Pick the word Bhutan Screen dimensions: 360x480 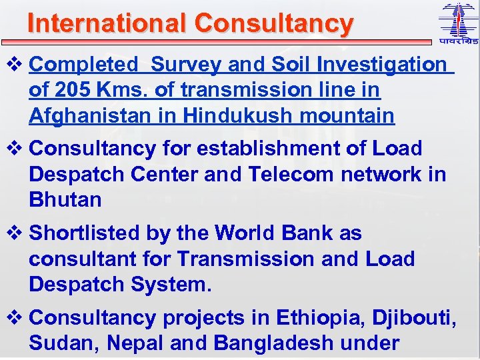[x=65, y=199]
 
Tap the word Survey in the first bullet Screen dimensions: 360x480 [x=187, y=65]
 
